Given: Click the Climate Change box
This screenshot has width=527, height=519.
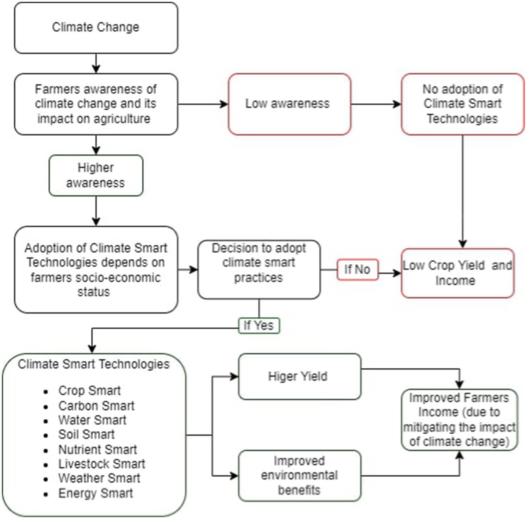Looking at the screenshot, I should [x=96, y=27].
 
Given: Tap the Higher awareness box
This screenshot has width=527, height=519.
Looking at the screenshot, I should [x=96, y=175].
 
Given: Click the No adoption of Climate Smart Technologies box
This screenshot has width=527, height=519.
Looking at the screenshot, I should [x=462, y=104].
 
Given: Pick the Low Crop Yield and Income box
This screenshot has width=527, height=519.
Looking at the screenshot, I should [x=457, y=273].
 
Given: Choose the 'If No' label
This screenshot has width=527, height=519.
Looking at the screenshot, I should [x=357, y=269].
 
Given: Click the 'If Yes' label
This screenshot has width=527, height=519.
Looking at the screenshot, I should [x=259, y=326].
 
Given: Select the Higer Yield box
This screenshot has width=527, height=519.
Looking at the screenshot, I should [x=299, y=377].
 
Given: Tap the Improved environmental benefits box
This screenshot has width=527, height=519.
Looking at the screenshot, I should [x=299, y=475].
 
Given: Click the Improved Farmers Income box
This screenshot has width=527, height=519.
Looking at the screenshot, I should [x=459, y=420].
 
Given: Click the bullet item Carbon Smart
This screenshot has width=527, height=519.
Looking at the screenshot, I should [x=96, y=406].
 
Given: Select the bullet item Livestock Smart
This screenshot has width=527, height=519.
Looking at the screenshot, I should [x=101, y=464].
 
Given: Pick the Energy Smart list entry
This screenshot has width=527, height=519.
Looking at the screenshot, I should [x=95, y=493].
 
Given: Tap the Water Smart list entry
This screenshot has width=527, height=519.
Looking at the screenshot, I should [x=92, y=420].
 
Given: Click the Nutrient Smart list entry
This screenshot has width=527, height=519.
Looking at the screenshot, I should [x=97, y=450].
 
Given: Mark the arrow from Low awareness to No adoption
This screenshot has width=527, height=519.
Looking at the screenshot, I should [x=376, y=104].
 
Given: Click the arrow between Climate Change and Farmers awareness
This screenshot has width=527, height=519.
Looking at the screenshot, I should [x=96, y=63].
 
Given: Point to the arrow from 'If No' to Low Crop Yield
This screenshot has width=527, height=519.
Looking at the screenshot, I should [x=390, y=273].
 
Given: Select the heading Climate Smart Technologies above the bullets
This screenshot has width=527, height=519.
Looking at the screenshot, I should [x=94, y=364].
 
